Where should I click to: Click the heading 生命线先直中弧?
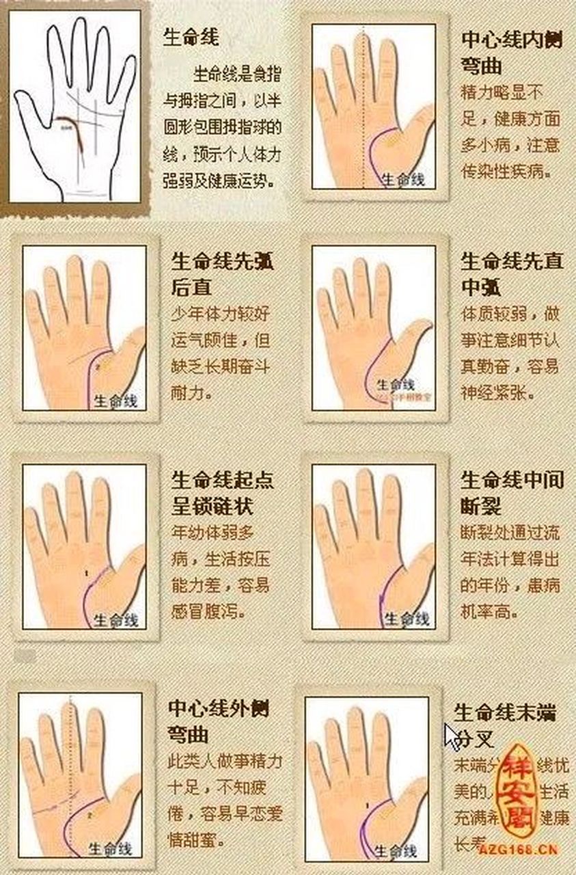[512, 273]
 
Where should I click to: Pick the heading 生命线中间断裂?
[512, 492]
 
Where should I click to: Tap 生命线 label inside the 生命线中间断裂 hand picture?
[407, 619]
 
